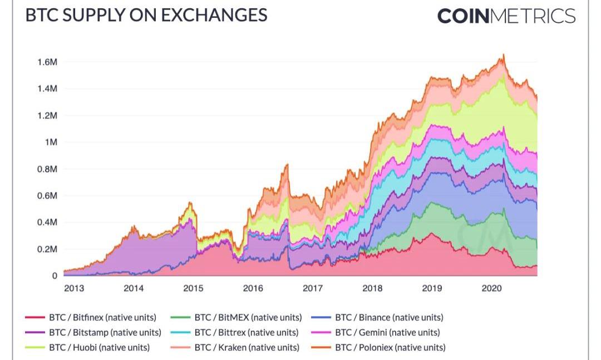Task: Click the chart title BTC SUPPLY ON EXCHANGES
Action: (146, 15)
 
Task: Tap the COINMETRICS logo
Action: (506, 16)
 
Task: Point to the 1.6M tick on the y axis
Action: (47, 62)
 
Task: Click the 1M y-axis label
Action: (51, 142)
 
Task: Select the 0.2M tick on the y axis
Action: (47, 249)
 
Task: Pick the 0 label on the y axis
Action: (55, 276)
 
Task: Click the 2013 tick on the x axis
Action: (74, 288)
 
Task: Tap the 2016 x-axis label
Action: (253, 288)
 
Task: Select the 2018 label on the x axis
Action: (372, 288)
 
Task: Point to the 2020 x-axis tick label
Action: (492, 288)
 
